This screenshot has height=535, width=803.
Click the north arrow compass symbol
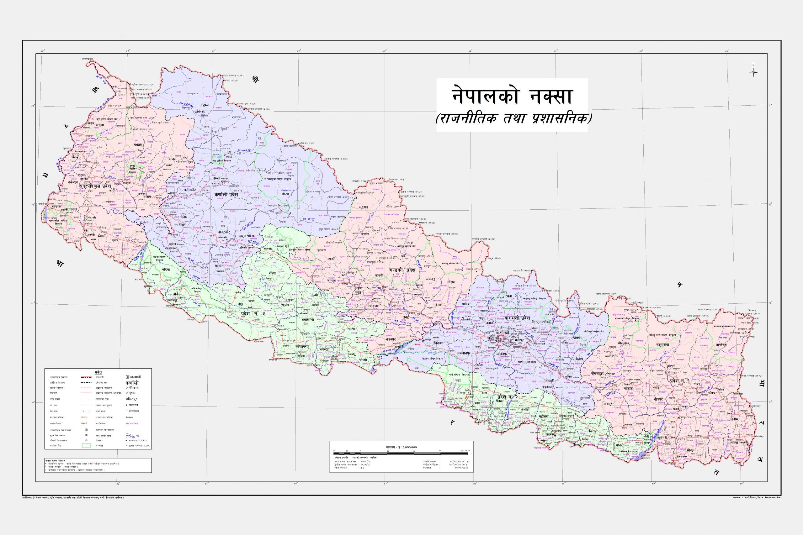coord(753,81)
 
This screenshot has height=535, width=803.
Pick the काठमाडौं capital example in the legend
coord(133,377)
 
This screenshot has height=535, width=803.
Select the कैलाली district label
coord(101,236)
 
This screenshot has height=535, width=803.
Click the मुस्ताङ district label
coord(364,207)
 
